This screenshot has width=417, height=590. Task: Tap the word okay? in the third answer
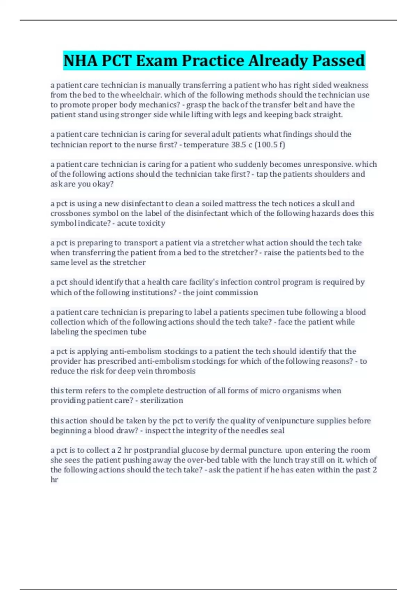coord(103,184)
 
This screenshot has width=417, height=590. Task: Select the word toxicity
coord(152,223)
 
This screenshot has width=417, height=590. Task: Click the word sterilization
coord(162,401)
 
